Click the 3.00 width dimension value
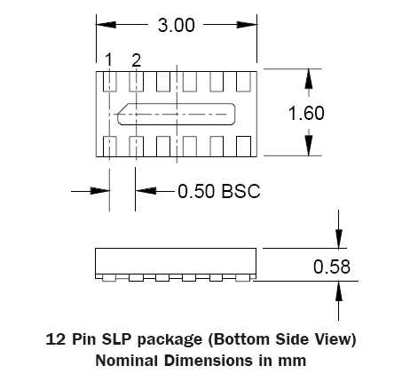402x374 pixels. coord(177,25)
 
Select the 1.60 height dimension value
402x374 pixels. coord(306,113)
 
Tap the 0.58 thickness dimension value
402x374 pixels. coord(332,267)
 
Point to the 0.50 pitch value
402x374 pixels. coord(196,191)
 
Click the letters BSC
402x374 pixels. coord(240,191)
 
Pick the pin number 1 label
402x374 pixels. coord(109,60)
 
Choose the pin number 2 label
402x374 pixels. coord(136,60)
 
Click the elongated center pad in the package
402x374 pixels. coord(177,114)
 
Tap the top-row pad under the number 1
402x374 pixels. coord(109,82)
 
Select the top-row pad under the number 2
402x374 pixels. coord(137,82)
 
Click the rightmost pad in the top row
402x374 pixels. coord(244,82)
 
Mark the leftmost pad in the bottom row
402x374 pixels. coord(109,147)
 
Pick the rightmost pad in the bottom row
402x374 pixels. coord(244,147)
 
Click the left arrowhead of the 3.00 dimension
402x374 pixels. coord(106,25)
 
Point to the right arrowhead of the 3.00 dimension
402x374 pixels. coord(247,25)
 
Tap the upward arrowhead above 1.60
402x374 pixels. coord(309,79)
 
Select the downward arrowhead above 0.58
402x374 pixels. coord(339,238)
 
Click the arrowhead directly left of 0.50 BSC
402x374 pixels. coord(146,191)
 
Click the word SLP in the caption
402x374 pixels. coord(116,339)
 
